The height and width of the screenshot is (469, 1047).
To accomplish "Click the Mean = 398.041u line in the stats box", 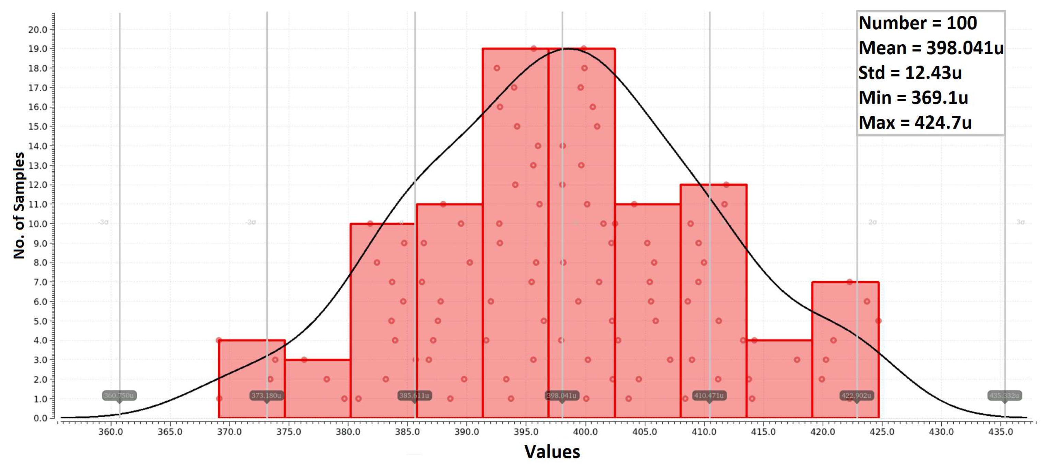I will click(930, 48).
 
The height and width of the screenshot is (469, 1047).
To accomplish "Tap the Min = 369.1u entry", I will click(913, 98).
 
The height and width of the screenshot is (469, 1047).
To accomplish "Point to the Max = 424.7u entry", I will click(915, 123).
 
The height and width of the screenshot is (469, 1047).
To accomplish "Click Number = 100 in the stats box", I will click(917, 23).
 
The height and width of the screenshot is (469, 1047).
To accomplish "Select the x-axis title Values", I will click(552, 451).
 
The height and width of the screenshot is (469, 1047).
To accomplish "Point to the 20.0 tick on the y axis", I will click(38, 29).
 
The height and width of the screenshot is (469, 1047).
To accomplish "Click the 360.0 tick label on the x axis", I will click(110, 432).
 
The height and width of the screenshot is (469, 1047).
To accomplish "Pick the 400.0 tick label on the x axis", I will click(585, 432).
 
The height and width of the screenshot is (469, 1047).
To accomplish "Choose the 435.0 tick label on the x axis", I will click(1001, 432).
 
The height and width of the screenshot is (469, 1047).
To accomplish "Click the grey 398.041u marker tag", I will click(562, 396).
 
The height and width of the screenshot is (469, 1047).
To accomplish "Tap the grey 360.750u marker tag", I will click(119, 396).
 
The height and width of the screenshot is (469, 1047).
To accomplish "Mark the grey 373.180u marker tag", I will click(266, 396).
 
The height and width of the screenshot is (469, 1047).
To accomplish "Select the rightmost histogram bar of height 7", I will click(846, 350).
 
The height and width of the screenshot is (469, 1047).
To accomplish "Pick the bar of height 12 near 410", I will click(713, 301).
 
